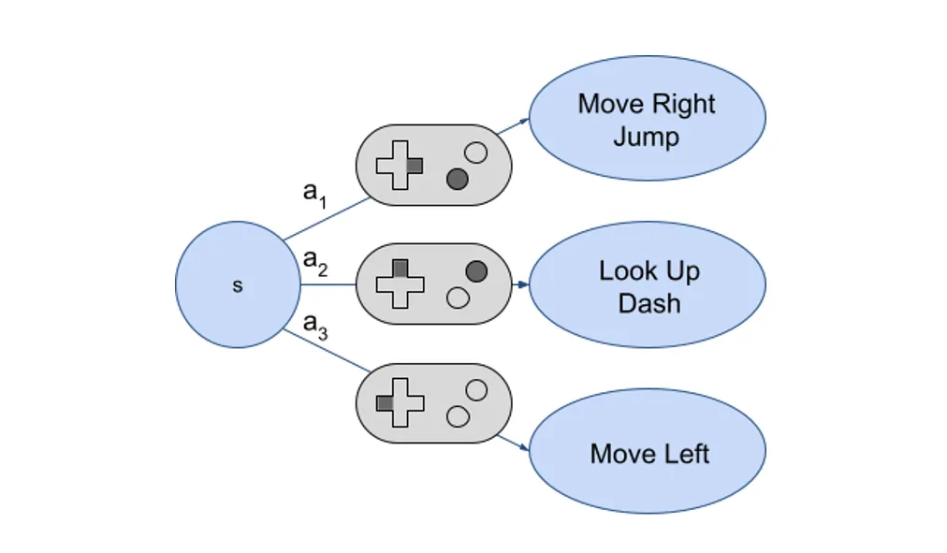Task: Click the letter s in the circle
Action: (x=238, y=285)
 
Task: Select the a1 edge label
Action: (x=314, y=194)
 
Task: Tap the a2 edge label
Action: (x=315, y=262)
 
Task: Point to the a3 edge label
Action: (x=315, y=326)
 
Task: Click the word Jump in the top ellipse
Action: (x=647, y=137)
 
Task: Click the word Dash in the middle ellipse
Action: (x=649, y=302)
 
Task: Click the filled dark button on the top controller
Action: (x=458, y=180)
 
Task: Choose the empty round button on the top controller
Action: (x=476, y=153)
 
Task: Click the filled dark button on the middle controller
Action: (x=476, y=271)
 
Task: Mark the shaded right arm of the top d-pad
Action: (x=415, y=166)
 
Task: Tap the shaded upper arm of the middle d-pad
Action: (x=400, y=269)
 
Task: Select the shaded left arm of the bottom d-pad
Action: (x=385, y=402)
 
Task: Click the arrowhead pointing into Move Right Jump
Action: (x=524, y=122)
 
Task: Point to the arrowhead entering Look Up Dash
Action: (x=523, y=284)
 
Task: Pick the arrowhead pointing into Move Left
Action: (x=524, y=446)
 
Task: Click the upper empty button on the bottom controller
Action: (x=476, y=390)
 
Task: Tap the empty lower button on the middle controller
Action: (x=458, y=298)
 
